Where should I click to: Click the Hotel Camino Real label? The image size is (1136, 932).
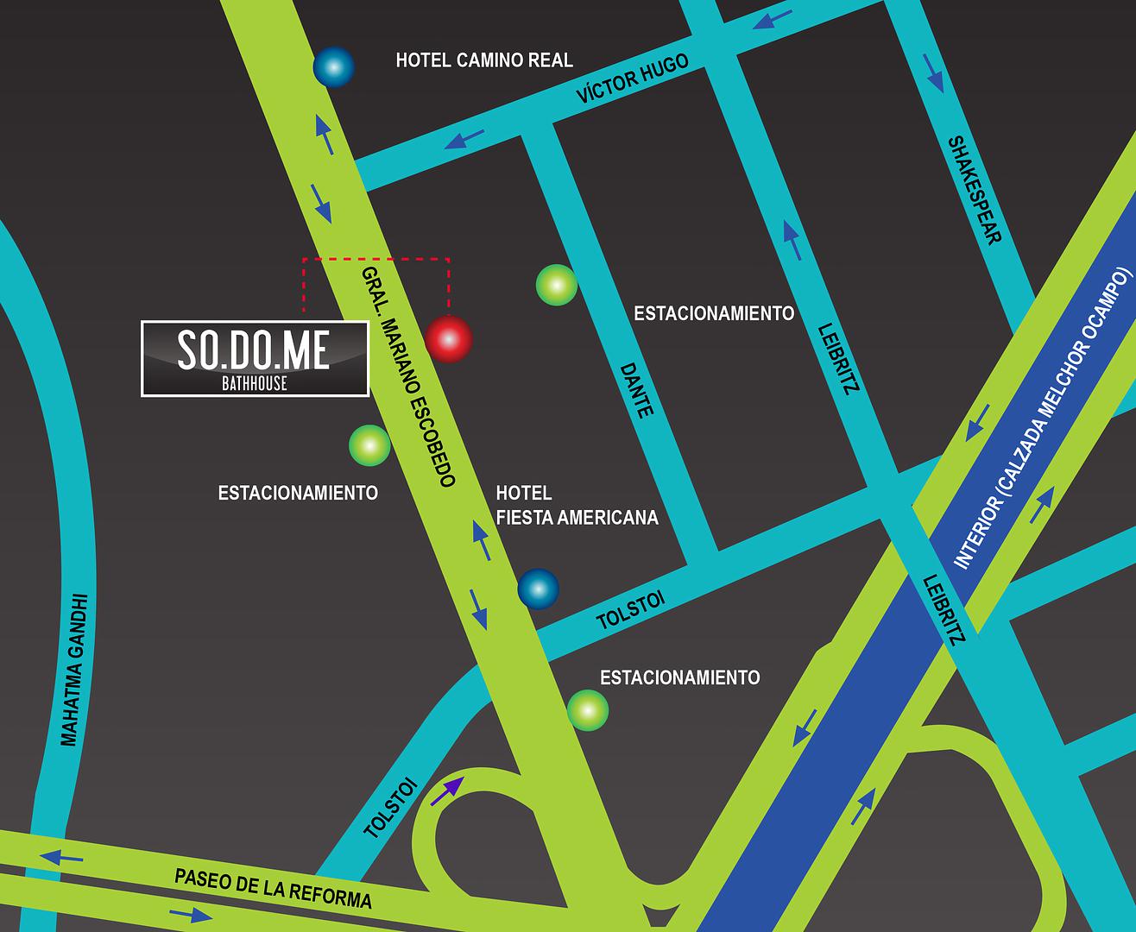[x=483, y=60]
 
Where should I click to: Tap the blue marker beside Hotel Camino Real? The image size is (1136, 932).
[x=333, y=66]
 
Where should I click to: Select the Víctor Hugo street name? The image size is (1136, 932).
[x=633, y=78]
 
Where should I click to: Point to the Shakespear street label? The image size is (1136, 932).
[x=975, y=190]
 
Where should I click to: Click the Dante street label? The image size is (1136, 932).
[x=635, y=389]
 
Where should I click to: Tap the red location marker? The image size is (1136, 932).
[x=449, y=339]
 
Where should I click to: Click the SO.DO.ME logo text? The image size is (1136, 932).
[x=254, y=349]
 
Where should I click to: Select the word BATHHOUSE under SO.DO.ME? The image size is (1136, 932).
[x=254, y=383]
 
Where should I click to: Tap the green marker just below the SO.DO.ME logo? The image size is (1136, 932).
[x=369, y=445]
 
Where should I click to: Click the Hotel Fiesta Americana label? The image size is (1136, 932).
[x=577, y=505]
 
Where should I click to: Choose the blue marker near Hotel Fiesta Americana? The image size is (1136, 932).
[x=538, y=589]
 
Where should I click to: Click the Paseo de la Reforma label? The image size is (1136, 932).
[x=273, y=888]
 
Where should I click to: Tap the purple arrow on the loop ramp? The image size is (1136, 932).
[x=446, y=790]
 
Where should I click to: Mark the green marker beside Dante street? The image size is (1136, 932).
[x=556, y=286]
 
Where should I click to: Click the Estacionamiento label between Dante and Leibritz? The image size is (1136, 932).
[x=714, y=313]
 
